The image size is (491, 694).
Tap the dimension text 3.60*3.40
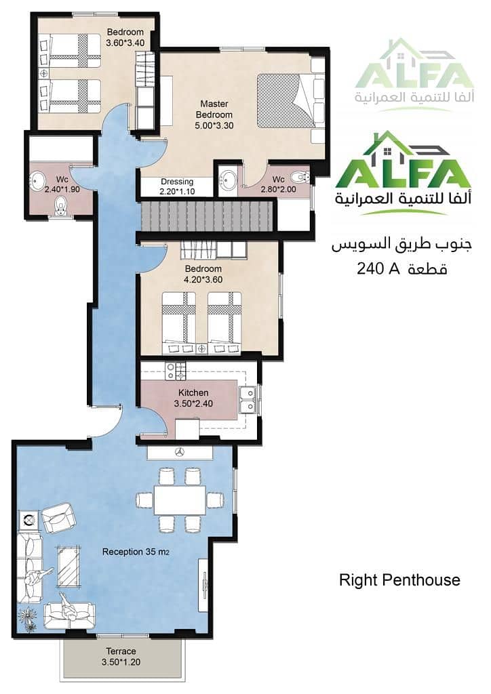(x=125, y=43)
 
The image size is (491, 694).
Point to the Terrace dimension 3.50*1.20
(x=121, y=662)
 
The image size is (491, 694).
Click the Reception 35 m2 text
(x=136, y=552)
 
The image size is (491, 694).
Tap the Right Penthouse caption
(x=400, y=580)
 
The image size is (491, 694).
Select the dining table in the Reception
(x=180, y=500)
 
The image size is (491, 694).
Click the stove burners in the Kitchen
(x=176, y=371)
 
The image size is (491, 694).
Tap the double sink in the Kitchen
(x=247, y=400)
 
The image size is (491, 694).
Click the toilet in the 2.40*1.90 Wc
(x=60, y=206)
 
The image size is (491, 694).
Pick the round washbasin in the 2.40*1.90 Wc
(x=37, y=180)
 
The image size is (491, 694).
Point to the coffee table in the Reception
(x=68, y=566)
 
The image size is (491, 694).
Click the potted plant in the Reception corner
(x=27, y=617)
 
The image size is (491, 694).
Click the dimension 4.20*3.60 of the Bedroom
(x=203, y=280)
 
